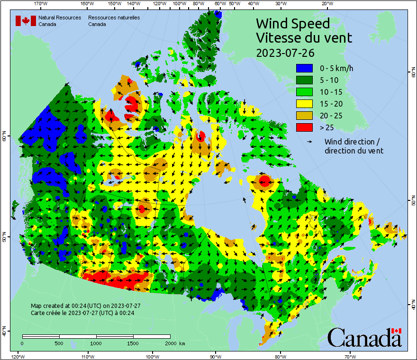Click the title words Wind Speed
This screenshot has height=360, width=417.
click(293, 23)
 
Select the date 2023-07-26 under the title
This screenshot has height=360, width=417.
click(285, 52)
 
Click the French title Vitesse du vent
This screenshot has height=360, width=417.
click(304, 37)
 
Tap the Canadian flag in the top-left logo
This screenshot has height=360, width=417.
click(26, 21)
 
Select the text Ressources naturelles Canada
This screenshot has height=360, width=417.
click(114, 21)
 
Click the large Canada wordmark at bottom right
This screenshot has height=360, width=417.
click(364, 337)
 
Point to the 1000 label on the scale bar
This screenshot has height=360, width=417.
click(96, 343)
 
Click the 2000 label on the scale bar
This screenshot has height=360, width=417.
click(170, 343)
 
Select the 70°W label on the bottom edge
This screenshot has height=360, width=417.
click(350, 356)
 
